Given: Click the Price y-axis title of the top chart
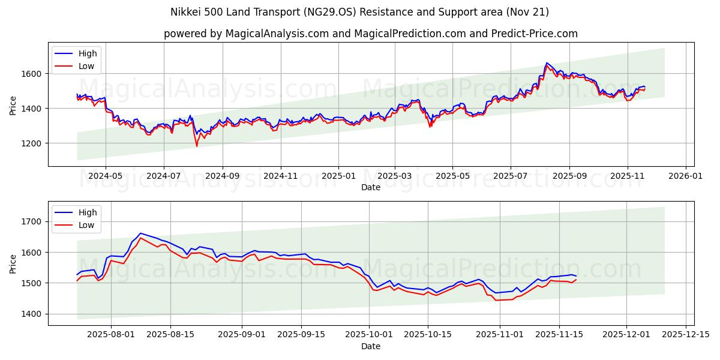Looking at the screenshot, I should pos(13,104).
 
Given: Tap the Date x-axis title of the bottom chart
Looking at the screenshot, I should pos(371,346).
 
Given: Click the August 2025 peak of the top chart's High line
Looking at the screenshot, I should pos(547,62).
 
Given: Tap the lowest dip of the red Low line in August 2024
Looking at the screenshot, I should pos(197,146).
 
